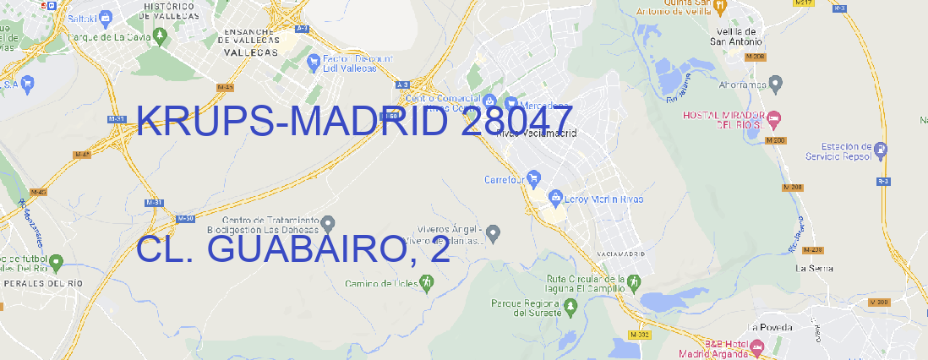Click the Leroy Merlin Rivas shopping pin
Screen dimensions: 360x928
pyautogui.click(x=555, y=199)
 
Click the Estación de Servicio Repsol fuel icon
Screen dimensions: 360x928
pyautogui.click(x=882, y=150)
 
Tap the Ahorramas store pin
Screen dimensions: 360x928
pyautogui.click(x=777, y=83)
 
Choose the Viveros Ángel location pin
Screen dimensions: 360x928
pyautogui.click(x=494, y=232)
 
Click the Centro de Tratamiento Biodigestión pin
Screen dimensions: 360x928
pyautogui.click(x=328, y=224)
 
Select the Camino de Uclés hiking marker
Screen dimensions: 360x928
pyautogui.click(x=426, y=283)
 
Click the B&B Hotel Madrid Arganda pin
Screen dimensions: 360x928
pyautogui.click(x=757, y=347)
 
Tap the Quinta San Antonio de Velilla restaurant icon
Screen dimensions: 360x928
pyautogui.click(x=720, y=7)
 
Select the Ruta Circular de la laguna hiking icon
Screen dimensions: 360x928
pyautogui.click(x=634, y=281)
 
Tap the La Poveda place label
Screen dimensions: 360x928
pyautogui.click(x=770, y=327)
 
